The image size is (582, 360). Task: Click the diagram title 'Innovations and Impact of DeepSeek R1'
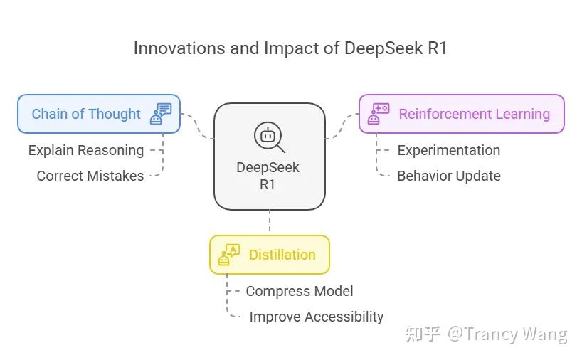point(290,49)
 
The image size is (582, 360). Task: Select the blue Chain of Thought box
point(99,114)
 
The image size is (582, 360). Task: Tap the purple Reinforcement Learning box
point(461,114)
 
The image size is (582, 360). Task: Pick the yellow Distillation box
point(270,255)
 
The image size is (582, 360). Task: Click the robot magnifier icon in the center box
point(270,137)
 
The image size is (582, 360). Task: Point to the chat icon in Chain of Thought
point(161,114)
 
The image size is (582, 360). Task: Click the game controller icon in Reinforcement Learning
point(378,114)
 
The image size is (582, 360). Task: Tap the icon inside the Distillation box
point(229,255)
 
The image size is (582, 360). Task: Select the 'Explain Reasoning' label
point(86,150)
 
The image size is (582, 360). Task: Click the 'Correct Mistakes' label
point(90,176)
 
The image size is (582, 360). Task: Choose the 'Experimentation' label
point(448,150)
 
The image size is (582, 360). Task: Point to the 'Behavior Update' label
point(448,176)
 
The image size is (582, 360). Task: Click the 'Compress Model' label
point(300,291)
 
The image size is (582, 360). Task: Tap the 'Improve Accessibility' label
point(317,317)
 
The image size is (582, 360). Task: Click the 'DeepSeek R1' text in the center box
point(268,176)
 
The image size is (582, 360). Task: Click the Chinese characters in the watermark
point(423,334)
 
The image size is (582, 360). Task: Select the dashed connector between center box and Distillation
point(270,223)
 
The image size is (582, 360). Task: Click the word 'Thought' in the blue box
point(115,114)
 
